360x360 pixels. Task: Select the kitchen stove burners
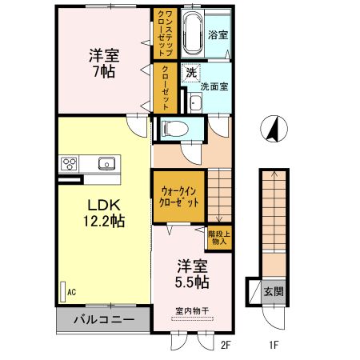click(x=67, y=165)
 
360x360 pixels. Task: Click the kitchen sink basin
click(x=105, y=164)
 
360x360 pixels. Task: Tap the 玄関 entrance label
click(x=273, y=291)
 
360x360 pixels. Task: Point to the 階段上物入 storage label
click(x=218, y=239)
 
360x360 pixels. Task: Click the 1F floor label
click(x=273, y=346)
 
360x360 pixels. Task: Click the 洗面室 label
click(x=214, y=87)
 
